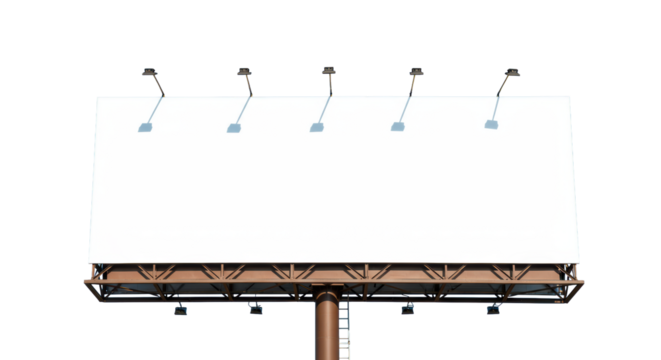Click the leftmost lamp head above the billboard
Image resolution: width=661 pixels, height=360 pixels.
(x=150, y=71)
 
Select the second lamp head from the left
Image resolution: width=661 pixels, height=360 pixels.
(x=243, y=71)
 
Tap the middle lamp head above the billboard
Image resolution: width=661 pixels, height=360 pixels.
(x=328, y=71)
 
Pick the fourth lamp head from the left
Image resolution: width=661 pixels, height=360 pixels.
(x=416, y=71)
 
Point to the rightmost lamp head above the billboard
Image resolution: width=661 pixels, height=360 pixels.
(x=511, y=72)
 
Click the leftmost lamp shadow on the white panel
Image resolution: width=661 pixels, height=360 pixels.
(x=146, y=128)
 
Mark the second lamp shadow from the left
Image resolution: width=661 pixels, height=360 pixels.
(x=234, y=128)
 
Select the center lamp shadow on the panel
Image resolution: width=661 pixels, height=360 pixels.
(x=316, y=127)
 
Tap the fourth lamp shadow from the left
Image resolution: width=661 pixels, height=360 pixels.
(x=398, y=126)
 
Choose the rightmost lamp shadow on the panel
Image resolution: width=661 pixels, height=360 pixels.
(x=491, y=124)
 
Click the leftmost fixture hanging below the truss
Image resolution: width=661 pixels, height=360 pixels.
(x=180, y=310)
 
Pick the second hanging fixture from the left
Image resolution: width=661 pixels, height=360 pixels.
(x=255, y=310)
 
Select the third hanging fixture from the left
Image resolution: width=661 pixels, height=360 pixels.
(x=407, y=310)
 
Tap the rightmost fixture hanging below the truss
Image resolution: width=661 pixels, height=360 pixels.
(x=491, y=310)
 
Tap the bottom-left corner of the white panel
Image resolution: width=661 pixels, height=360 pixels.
(x=88, y=263)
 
